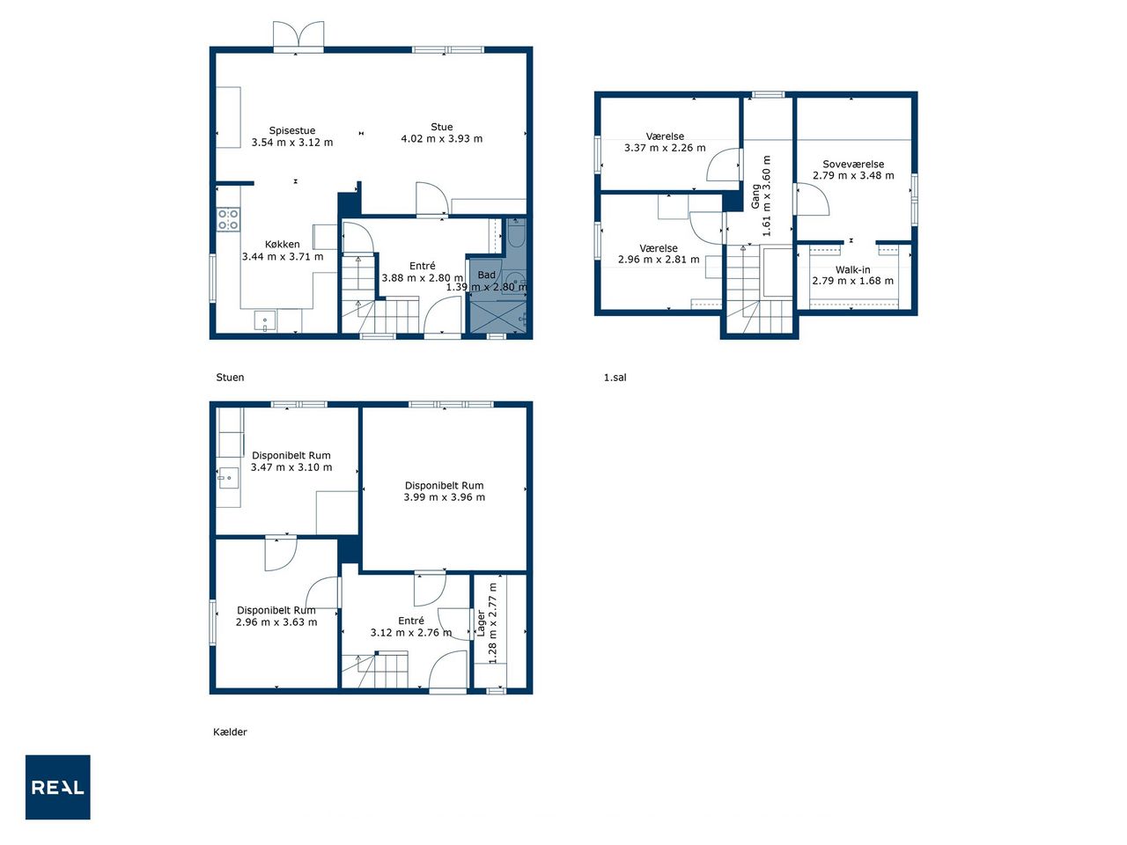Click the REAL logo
point(57,787)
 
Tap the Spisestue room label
point(292,130)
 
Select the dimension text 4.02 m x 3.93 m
point(442,138)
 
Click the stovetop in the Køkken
point(227,219)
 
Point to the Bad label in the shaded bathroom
point(486,275)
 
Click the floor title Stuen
point(230,378)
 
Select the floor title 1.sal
point(615,378)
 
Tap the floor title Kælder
point(230,732)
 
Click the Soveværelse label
point(853,165)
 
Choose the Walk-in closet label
point(853,270)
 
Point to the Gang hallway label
point(755,196)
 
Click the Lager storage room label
point(481,623)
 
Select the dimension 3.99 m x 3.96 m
point(444,497)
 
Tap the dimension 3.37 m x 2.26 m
point(665,148)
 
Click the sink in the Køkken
point(265,320)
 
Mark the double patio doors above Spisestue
point(298,36)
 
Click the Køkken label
point(283,245)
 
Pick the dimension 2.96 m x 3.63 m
point(276,622)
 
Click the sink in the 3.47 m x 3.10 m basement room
point(228,479)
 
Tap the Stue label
point(442,127)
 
